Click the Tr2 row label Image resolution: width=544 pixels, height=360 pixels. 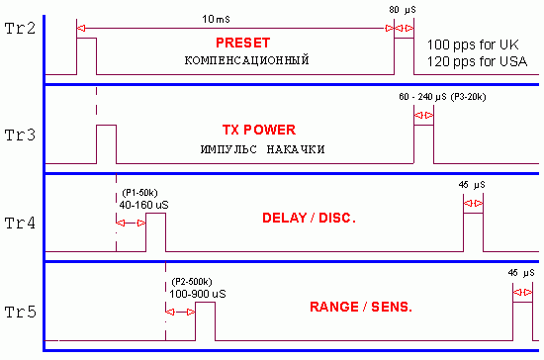pyautogui.click(x=20, y=29)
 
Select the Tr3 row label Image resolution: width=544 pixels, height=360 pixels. pyautogui.click(x=20, y=135)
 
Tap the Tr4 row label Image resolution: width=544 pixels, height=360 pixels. pyautogui.click(x=20, y=224)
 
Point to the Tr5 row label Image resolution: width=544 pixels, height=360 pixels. pyautogui.click(x=20, y=313)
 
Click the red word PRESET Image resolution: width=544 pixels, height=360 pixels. pyautogui.click(x=243, y=43)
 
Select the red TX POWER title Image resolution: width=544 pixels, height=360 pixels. pyautogui.click(x=259, y=131)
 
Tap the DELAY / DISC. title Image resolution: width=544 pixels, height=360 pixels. pyautogui.click(x=310, y=219)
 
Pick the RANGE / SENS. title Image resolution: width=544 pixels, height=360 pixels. pyautogui.click(x=361, y=307)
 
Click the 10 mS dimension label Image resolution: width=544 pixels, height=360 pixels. pyautogui.click(x=216, y=19)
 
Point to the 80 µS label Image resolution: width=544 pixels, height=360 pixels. pyautogui.click(x=403, y=10)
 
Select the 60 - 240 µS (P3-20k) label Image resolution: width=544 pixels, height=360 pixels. pyautogui.click(x=442, y=97)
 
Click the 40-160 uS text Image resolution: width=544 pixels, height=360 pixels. pyautogui.click(x=144, y=205)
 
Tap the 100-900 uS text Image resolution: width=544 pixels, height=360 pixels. pyautogui.click(x=198, y=294)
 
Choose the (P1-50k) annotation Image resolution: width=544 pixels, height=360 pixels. pyautogui.click(x=139, y=193)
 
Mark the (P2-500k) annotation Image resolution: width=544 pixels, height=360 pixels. pyautogui.click(x=192, y=282)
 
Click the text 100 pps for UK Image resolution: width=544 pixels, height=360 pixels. pyautogui.click(x=473, y=45)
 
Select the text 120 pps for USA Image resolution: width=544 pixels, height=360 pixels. pyautogui.click(x=477, y=61)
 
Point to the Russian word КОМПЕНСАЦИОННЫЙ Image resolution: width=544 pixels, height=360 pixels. pyautogui.click(x=246, y=60)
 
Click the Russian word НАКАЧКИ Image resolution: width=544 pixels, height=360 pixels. pyautogui.click(x=296, y=149)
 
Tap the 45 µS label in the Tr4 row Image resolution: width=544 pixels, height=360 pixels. pyautogui.click(x=472, y=185)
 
